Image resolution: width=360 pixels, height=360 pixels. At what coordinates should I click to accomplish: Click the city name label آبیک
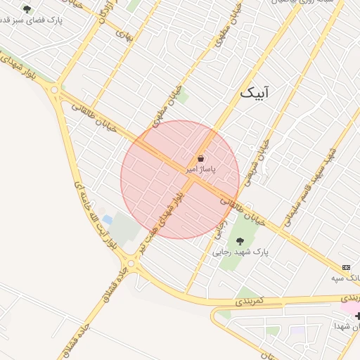pos(255,92)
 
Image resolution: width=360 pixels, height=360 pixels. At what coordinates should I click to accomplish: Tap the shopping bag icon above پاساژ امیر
pos(201,159)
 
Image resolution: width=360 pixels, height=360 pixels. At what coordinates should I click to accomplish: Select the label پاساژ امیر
pos(201,169)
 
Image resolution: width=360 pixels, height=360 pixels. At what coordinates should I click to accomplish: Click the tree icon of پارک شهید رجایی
pos(240,241)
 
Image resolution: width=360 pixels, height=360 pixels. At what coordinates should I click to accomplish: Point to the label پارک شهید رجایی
pos(240,251)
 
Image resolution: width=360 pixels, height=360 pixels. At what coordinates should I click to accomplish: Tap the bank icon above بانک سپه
pos(346,268)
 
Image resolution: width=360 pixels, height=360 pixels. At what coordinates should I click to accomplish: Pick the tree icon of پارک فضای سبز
pos(27,10)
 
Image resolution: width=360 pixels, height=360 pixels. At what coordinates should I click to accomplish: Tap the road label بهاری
pos(124,33)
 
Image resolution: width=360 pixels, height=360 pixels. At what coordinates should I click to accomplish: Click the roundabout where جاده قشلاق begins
pos(133,265)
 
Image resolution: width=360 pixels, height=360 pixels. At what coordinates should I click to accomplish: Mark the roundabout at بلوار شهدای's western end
pos(54,89)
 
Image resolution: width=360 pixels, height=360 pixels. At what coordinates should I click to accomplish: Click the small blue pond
pos(107,220)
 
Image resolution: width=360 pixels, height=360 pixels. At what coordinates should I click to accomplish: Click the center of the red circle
pos(180,179)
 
